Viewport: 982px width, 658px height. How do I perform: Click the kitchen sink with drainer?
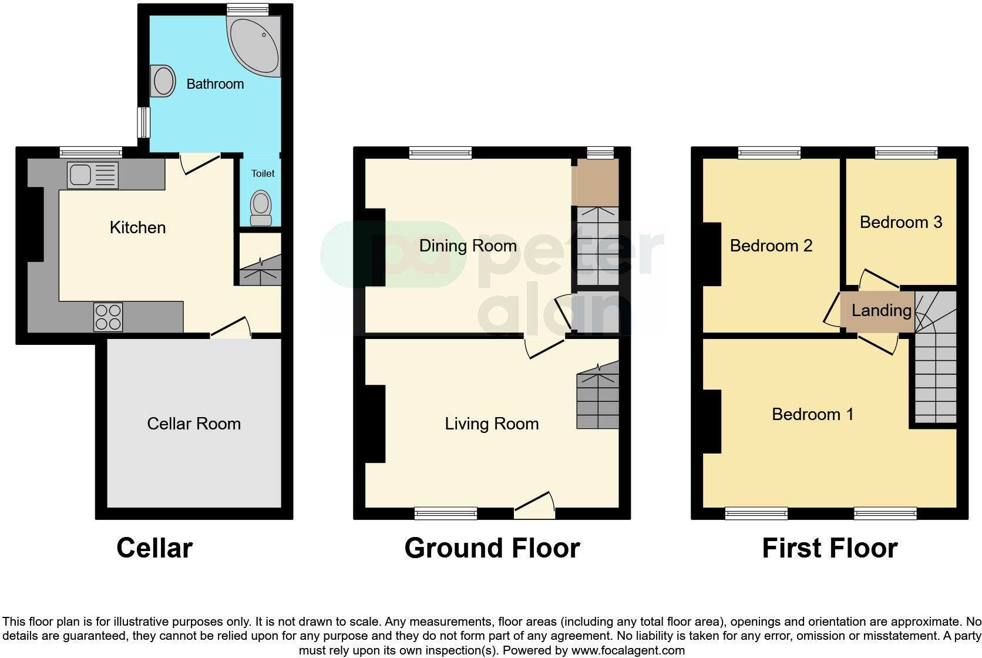pos(92,175)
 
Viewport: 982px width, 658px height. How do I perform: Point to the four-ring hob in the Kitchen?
pos(108,317)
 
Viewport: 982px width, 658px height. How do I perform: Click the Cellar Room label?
pos(194,424)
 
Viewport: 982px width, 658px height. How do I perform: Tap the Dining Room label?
pos(468,246)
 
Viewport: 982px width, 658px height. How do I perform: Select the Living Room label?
pos(492,424)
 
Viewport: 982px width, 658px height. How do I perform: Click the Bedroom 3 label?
pos(900,222)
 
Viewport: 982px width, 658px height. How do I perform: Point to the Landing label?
pos(881,310)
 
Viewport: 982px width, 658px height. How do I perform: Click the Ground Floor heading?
pos(492,548)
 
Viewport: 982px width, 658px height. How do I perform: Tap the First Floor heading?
pos(829,548)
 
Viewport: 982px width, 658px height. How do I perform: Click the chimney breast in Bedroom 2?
pos(712,254)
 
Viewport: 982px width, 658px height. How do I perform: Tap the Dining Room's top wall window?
pos(440,153)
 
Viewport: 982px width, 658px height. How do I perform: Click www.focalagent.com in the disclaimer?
pos(628,650)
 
